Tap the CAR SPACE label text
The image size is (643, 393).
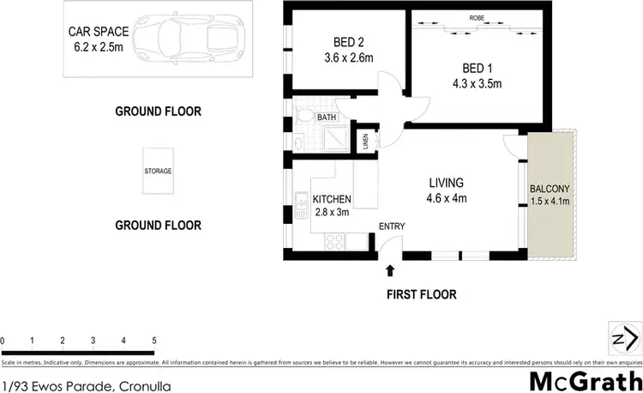[96, 33]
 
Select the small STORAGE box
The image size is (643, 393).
[158, 171]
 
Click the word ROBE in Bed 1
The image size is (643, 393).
[478, 18]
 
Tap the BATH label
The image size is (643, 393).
[327, 118]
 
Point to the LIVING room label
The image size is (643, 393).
[446, 183]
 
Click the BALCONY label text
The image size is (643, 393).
[550, 189]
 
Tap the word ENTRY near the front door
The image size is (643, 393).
[393, 226]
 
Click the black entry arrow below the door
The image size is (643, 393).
[391, 271]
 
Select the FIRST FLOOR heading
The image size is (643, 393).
[420, 294]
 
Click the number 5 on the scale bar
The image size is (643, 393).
[154, 342]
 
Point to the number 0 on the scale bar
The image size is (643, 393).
[3, 342]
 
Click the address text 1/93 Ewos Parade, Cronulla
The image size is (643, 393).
[87, 386]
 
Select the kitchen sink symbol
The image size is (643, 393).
[301, 203]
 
